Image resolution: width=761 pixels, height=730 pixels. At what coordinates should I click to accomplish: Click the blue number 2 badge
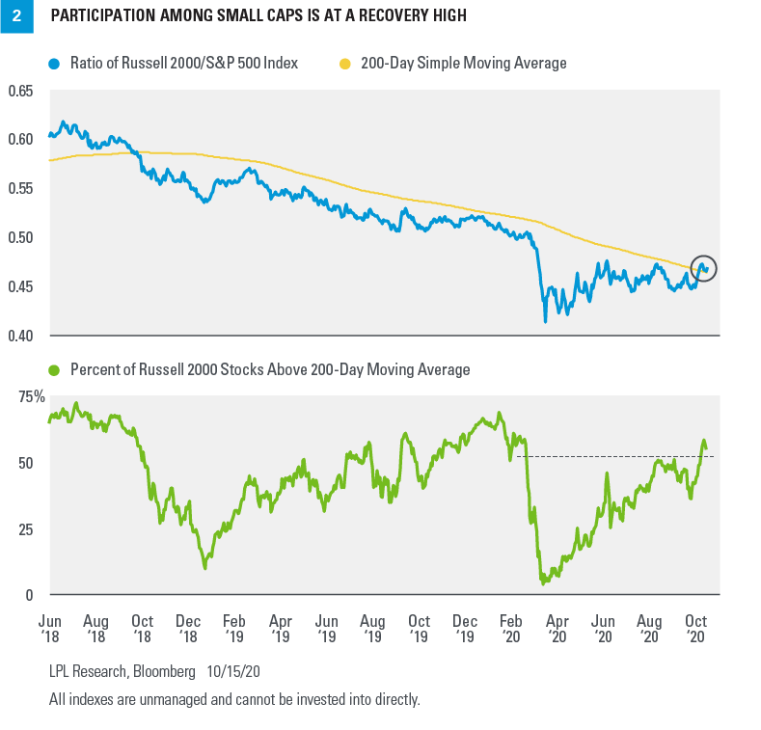pos(16,16)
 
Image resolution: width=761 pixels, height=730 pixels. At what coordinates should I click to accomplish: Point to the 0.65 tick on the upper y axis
pos(19,91)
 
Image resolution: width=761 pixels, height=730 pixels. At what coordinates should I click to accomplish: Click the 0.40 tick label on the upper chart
pos(19,336)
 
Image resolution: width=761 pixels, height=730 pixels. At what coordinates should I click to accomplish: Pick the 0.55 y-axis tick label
pos(19,189)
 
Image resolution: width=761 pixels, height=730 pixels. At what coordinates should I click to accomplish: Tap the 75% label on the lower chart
pos(22,396)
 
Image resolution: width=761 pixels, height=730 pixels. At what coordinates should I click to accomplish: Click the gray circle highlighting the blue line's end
pos(705,269)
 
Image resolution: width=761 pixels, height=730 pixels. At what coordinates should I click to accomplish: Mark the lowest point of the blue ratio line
pos(545,320)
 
